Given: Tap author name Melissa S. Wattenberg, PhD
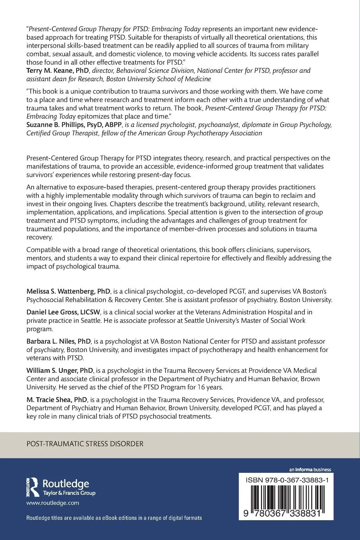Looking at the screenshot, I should pos(68,291).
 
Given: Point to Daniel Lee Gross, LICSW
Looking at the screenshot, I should pos(64,312).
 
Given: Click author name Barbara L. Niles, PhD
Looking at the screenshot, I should pos(58,341).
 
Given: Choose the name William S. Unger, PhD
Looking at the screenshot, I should pos(60,370).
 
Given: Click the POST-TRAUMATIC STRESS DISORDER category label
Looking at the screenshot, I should pos(85,444).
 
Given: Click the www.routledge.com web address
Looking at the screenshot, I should pos(53,503).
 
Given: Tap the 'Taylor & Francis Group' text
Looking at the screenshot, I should pos(69,493).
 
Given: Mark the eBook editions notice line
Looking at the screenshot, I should pos(114,518).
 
